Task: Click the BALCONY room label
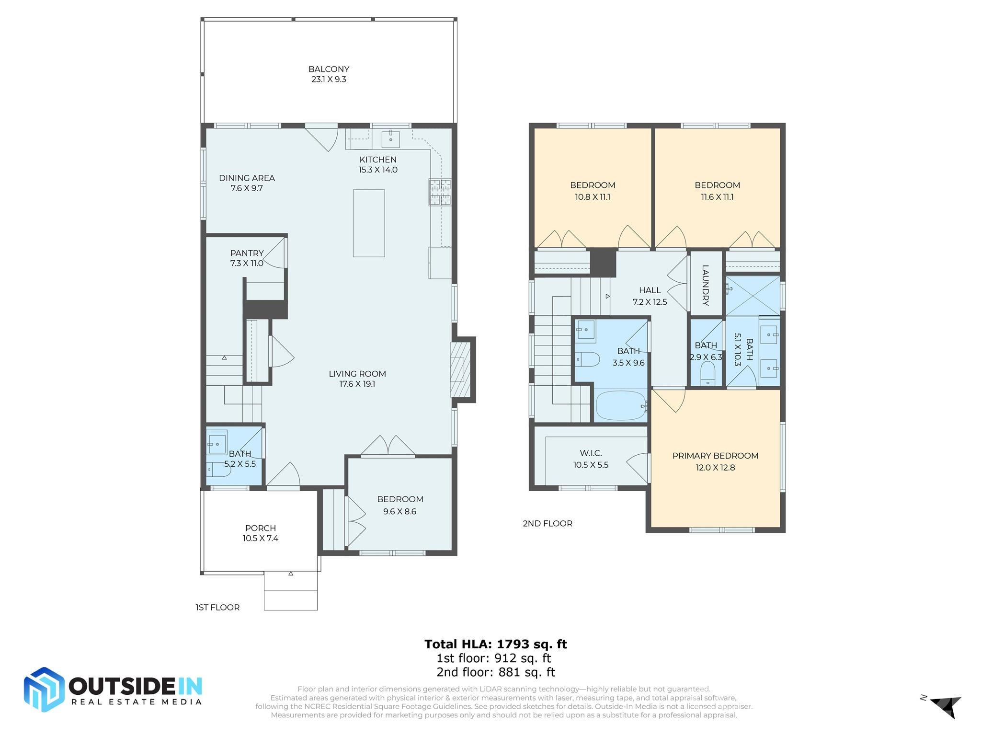click(329, 69)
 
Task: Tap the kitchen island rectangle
click(369, 223)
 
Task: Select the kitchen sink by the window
click(391, 139)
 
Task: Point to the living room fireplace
click(461, 369)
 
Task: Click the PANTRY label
click(247, 253)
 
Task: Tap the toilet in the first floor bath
click(218, 470)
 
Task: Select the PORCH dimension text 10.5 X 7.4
click(260, 538)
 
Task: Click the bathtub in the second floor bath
click(620, 405)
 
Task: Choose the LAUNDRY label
click(705, 285)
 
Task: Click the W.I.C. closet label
click(591, 453)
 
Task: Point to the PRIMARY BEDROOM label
click(715, 456)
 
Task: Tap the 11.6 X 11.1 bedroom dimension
click(717, 197)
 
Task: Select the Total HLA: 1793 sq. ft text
click(495, 644)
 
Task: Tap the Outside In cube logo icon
click(44, 689)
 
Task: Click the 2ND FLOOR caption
click(547, 524)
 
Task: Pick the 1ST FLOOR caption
click(217, 608)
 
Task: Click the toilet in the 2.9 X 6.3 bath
click(707, 373)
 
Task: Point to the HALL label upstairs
click(650, 290)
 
